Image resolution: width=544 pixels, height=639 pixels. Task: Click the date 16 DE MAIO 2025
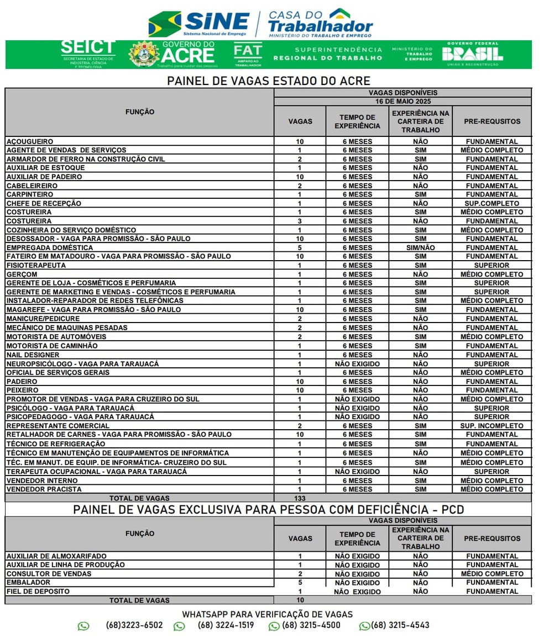[402, 102]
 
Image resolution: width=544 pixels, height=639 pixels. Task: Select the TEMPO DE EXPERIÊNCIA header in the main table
[357, 122]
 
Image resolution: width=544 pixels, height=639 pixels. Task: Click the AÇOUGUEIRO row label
[30, 141]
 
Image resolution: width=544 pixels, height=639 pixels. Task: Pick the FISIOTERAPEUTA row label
[36, 265]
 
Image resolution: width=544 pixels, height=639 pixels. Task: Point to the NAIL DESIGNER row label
[33, 355]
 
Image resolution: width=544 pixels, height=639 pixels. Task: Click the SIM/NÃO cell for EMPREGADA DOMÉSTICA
[420, 247]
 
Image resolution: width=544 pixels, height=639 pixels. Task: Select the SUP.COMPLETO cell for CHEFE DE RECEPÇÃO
[491, 203]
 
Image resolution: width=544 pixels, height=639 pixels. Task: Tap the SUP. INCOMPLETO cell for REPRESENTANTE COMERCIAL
[491, 426]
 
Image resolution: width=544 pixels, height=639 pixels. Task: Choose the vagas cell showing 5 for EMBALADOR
[300, 583]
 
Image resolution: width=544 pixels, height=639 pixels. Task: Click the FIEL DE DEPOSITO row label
[38, 592]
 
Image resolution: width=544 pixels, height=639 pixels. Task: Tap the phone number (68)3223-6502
[134, 625]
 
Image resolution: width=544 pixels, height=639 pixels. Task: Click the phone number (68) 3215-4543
[400, 625]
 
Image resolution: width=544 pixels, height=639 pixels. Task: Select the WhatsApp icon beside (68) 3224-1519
[179, 626]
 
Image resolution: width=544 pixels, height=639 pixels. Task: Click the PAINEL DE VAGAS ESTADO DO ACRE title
[269, 81]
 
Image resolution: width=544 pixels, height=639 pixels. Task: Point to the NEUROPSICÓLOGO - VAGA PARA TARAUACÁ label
[82, 364]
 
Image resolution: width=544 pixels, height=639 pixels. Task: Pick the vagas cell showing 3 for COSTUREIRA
[300, 221]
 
